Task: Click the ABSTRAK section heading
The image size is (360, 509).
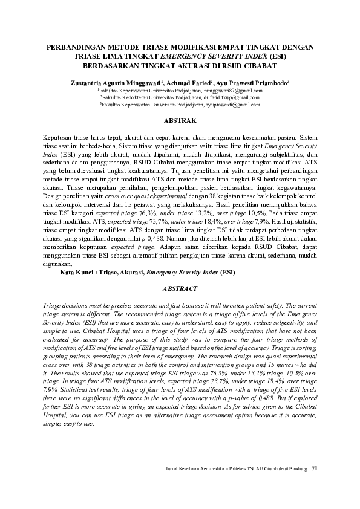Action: pyautogui.click(x=179, y=120)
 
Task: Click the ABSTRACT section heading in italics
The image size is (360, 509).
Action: pyautogui.click(x=179, y=290)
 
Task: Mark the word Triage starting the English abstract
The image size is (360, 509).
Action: pyautogui.click(x=51, y=307)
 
